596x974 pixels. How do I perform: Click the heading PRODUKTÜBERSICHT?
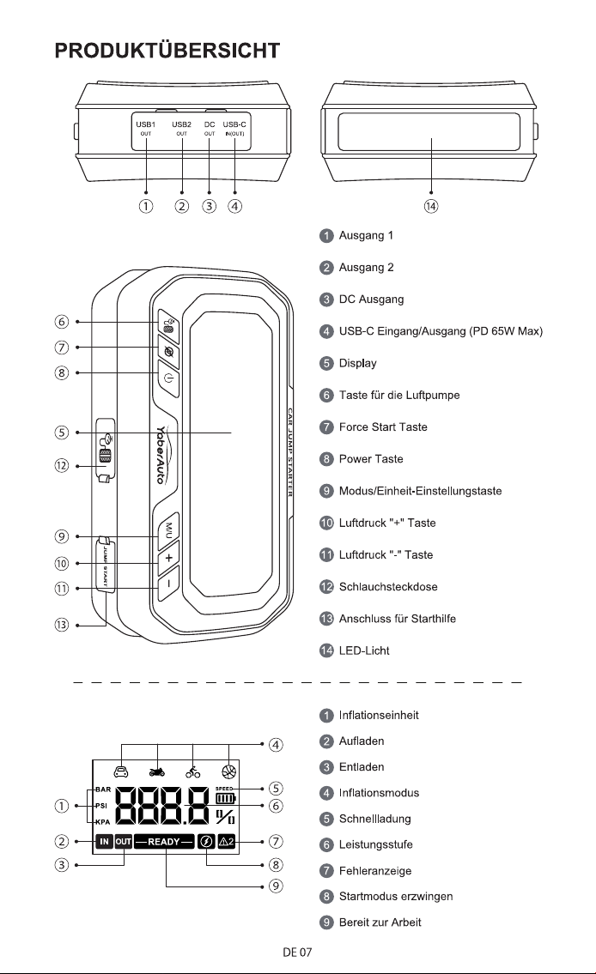pyautogui.click(x=167, y=51)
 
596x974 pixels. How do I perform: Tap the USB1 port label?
pyautogui.click(x=145, y=124)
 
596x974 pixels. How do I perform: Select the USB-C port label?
pyautogui.click(x=234, y=124)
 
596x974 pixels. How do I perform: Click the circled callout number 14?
pyautogui.click(x=431, y=206)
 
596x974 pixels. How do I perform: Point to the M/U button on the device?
pyautogui.click(x=167, y=529)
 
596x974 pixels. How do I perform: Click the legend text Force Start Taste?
pyautogui.click(x=383, y=427)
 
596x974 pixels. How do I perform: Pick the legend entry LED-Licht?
pyautogui.click(x=364, y=650)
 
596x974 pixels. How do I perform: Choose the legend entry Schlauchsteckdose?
pyautogui.click(x=388, y=586)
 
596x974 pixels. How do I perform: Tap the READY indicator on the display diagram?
pyautogui.click(x=164, y=842)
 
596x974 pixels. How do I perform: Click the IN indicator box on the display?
pyautogui.click(x=104, y=842)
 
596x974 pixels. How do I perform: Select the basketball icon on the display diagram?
pyautogui.click(x=228, y=772)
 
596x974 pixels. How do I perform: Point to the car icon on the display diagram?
pyautogui.click(x=121, y=772)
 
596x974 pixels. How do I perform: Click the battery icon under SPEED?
pyautogui.click(x=226, y=798)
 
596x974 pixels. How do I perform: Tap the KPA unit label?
pyautogui.click(x=102, y=822)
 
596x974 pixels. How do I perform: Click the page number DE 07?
pyautogui.click(x=297, y=952)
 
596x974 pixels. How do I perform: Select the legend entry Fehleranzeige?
pyautogui.click(x=374, y=871)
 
